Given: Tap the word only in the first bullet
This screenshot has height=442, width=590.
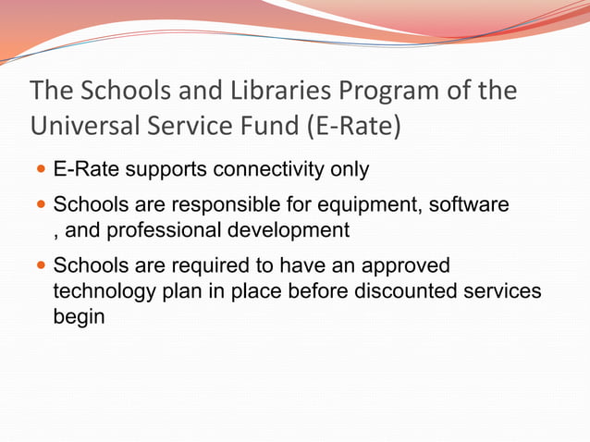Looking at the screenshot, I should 350,170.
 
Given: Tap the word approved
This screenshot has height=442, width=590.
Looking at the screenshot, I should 404,265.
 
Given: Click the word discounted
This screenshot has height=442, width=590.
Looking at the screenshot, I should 408,290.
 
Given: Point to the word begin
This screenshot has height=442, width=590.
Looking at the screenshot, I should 80,315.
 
